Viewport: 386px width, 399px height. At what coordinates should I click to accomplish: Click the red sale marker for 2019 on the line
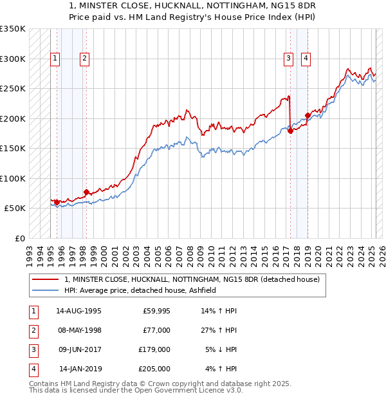click(308, 115)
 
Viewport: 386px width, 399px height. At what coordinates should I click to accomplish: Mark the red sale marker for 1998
click(86, 192)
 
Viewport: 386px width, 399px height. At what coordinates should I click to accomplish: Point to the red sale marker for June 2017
click(290, 131)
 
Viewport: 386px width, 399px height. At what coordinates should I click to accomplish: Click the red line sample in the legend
click(45, 279)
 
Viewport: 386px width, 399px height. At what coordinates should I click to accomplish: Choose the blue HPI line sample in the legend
click(45, 291)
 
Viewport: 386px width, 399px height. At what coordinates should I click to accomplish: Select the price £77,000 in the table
click(156, 330)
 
